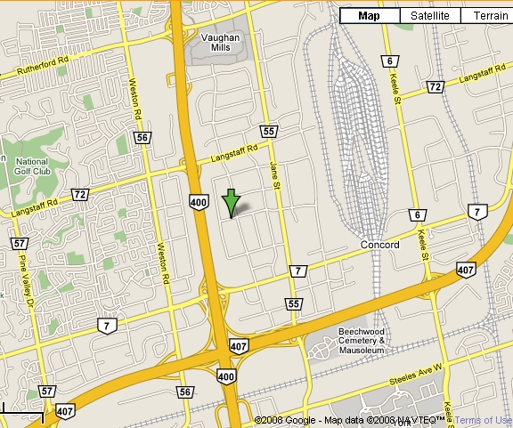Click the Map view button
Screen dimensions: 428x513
369,16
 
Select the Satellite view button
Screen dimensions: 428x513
430,16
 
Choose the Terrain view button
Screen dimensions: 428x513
491,16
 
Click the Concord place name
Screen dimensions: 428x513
380,245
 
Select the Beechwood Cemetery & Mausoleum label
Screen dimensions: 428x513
361,341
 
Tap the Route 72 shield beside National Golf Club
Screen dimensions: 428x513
80,194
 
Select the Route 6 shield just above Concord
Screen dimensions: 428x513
416,215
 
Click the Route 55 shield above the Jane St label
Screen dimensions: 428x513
269,132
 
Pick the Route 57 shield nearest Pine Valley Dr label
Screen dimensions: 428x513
20,243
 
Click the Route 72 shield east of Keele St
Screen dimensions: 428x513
435,86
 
